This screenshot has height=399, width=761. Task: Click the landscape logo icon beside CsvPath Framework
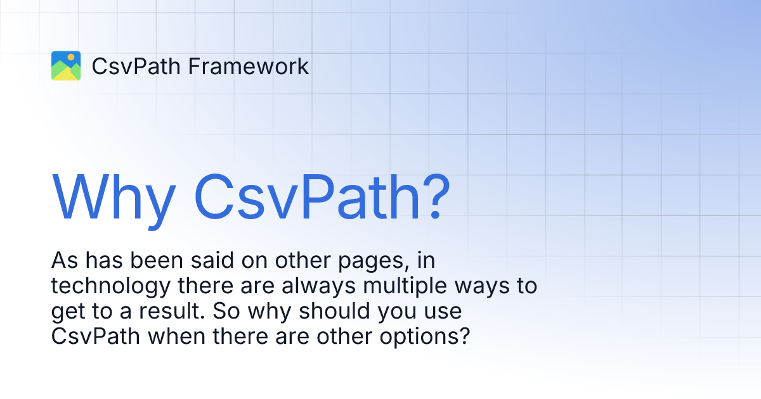pyautogui.click(x=66, y=66)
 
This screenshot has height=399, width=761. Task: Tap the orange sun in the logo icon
pyautogui.click(x=71, y=58)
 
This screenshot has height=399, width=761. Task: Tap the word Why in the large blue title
pyautogui.click(x=114, y=195)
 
